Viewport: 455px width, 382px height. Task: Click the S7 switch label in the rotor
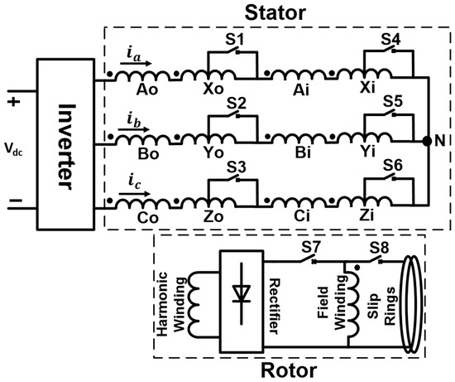(x=311, y=248)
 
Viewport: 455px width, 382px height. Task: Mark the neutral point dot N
(x=426, y=142)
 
